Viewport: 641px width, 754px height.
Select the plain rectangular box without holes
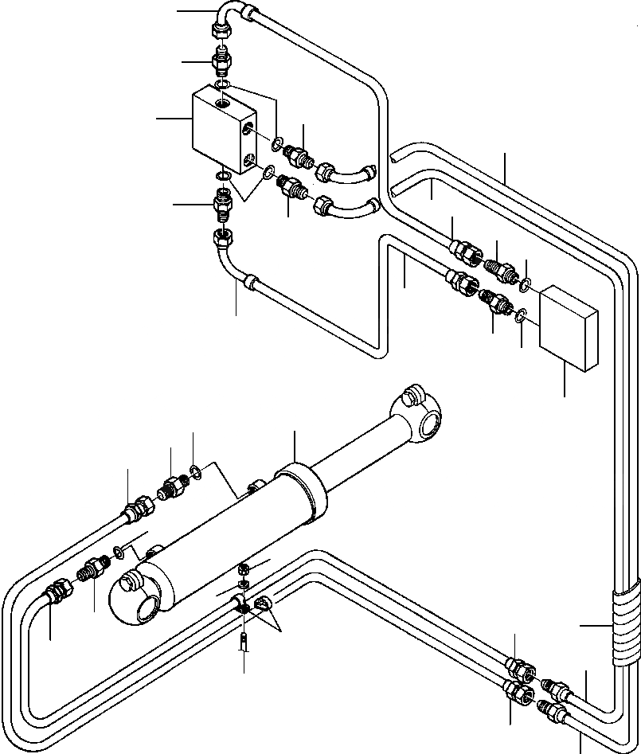pyautogui.click(x=569, y=329)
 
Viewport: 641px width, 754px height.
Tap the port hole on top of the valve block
pyautogui.click(x=221, y=104)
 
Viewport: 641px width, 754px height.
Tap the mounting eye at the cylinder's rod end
pyautogui.click(x=427, y=414)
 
